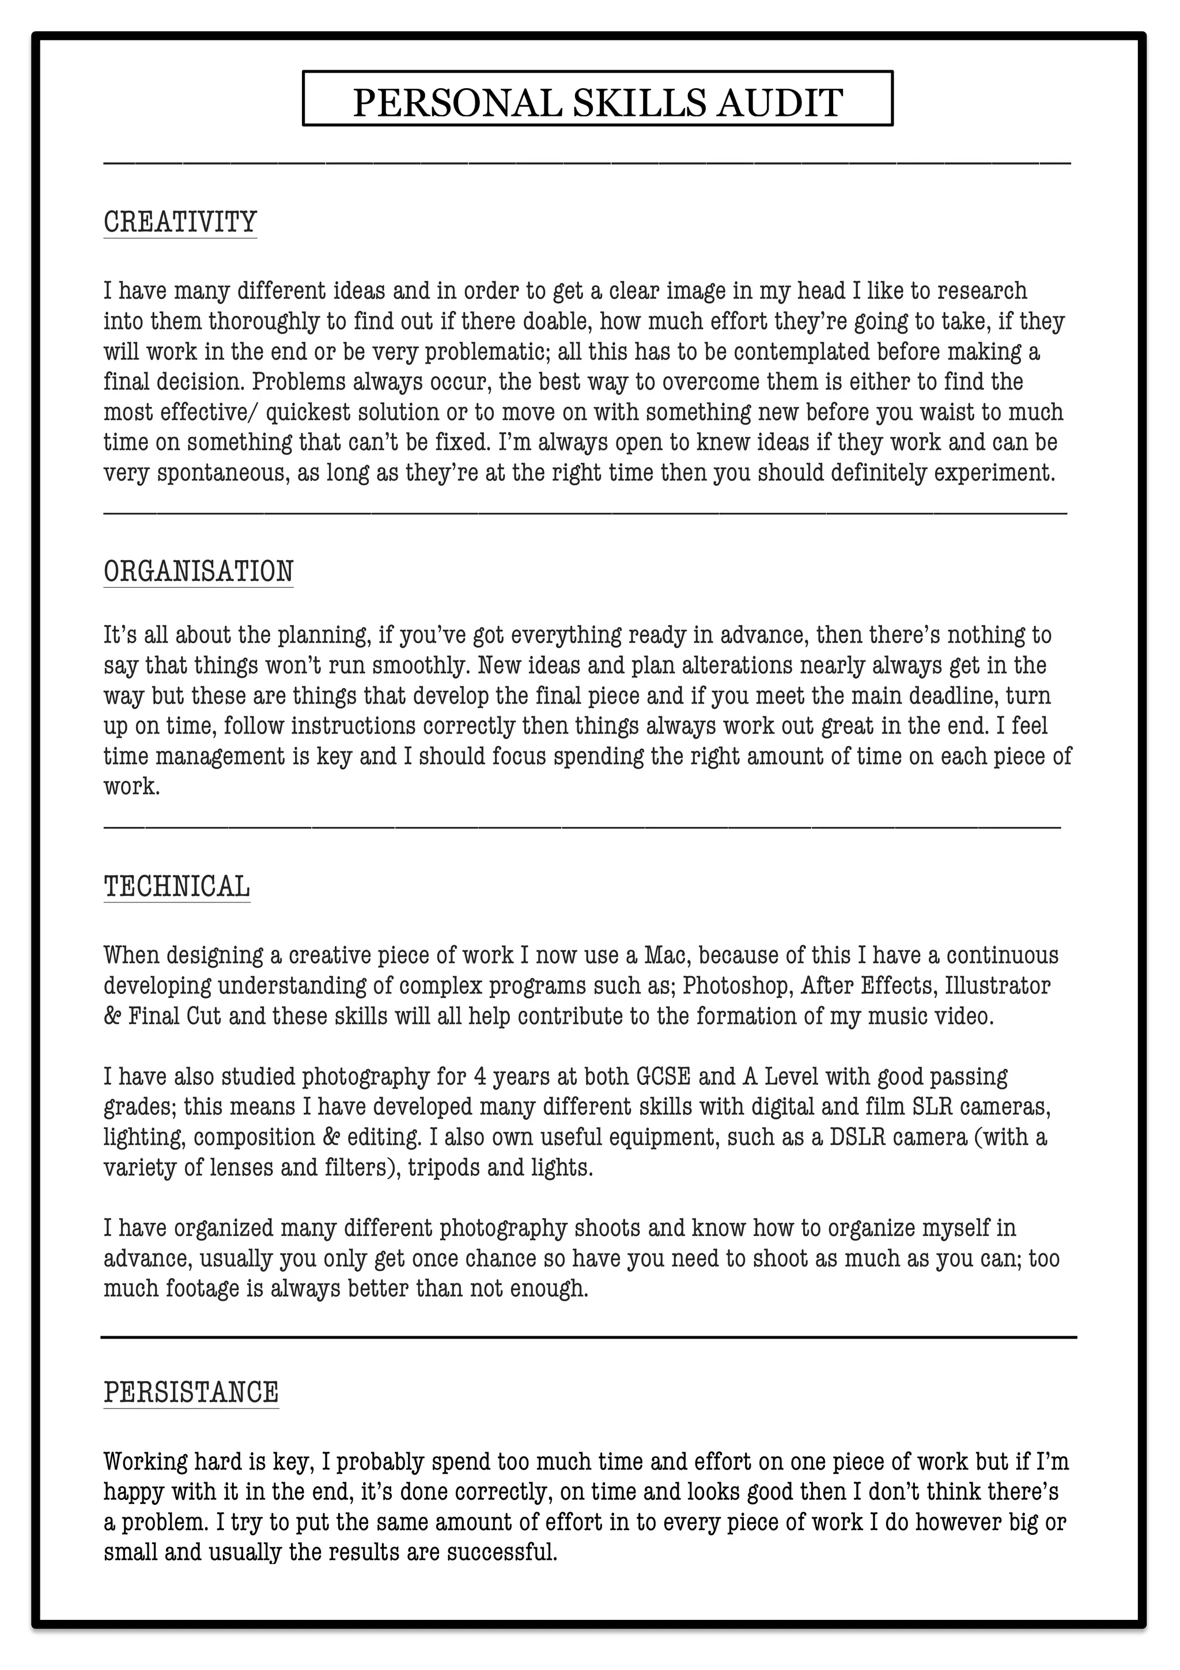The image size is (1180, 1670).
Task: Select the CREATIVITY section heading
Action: [x=180, y=221]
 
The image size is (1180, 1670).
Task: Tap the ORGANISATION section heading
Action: [x=198, y=571]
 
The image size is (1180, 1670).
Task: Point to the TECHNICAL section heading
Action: [x=177, y=886]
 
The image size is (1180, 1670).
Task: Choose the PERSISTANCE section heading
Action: [x=191, y=1392]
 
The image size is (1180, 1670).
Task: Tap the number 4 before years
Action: [x=480, y=1076]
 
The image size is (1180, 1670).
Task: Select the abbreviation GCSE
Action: [x=663, y=1076]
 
